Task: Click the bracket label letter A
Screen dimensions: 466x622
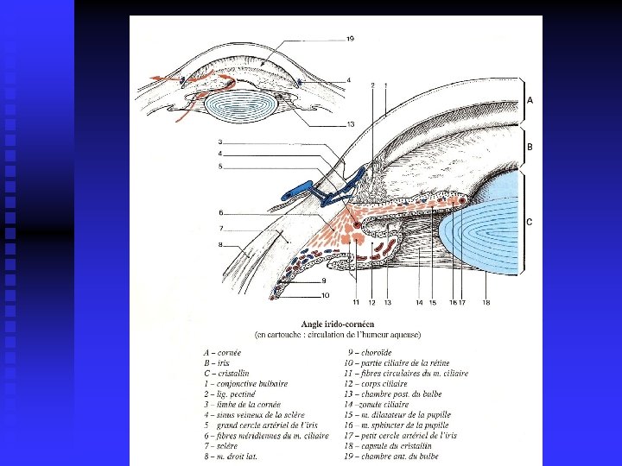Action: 530,100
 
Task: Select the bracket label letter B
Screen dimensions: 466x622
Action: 530,148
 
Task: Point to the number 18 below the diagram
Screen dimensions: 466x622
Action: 486,302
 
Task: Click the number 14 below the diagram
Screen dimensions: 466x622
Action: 418,302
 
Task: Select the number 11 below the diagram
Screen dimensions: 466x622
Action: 355,302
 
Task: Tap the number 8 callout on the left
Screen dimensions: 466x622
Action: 221,246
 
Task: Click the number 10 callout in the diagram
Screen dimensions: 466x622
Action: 325,295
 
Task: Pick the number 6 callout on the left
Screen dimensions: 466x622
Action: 221,212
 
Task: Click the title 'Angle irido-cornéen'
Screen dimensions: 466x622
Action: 337,324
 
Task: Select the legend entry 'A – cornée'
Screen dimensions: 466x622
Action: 223,353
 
